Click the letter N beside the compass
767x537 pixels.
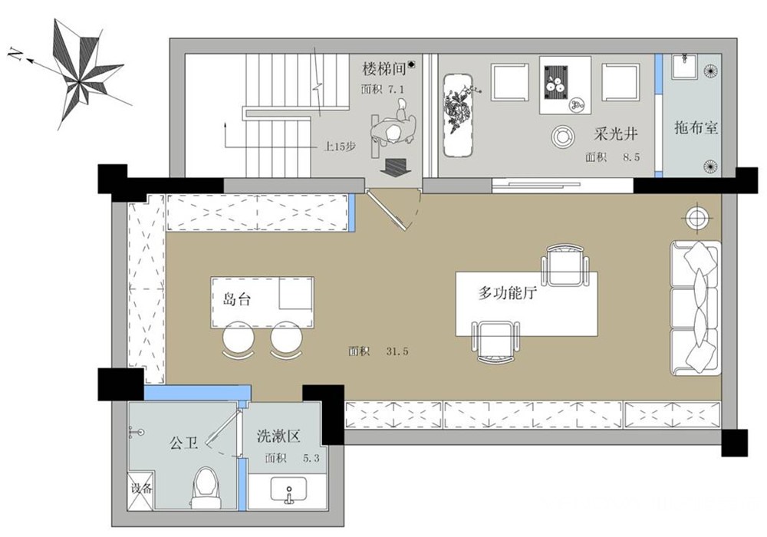(15, 54)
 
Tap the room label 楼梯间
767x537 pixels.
(384, 69)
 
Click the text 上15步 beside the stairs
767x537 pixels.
(340, 147)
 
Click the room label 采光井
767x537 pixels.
(615, 134)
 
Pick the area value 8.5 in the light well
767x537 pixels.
(631, 157)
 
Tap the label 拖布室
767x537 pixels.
(696, 128)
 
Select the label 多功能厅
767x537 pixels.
(508, 294)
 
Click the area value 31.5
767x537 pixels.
(397, 351)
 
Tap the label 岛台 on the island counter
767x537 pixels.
(237, 299)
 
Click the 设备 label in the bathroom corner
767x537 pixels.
(141, 489)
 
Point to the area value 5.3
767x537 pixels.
(311, 458)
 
